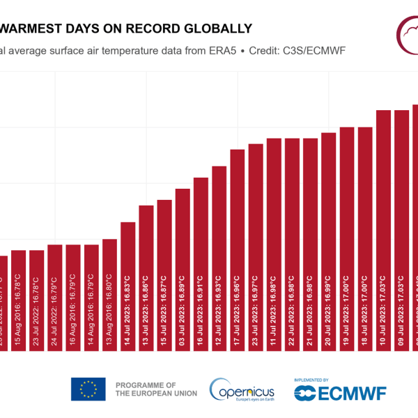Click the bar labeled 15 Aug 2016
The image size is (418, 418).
[x=18, y=307]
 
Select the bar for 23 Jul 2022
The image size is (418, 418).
[x=36, y=307]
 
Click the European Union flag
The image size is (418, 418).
[x=88, y=389]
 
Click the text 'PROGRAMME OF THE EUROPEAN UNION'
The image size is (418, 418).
[x=155, y=389]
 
